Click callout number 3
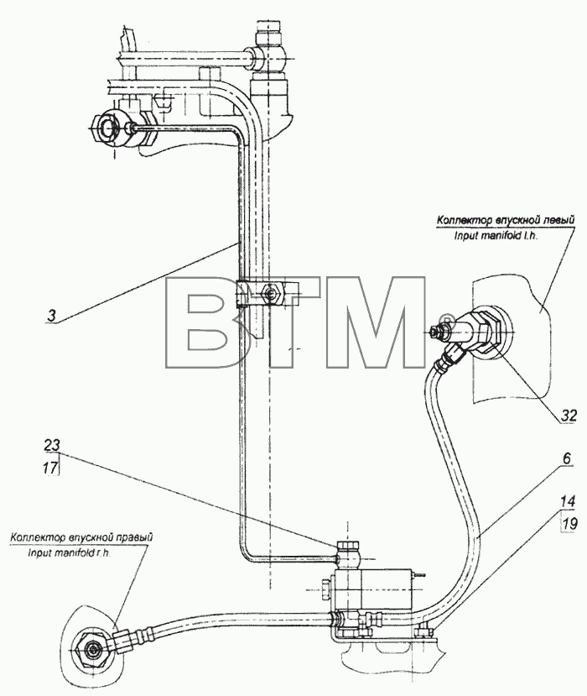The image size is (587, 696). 52,316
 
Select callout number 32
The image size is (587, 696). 569,416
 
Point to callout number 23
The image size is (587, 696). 52,446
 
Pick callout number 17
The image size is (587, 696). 51,468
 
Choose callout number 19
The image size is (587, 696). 569,524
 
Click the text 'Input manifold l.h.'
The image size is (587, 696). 496,236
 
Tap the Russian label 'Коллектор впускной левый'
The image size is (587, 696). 506,220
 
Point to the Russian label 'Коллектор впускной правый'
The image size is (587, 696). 81,537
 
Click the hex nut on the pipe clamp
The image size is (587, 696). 270,293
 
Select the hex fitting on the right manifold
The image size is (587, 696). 91,652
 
